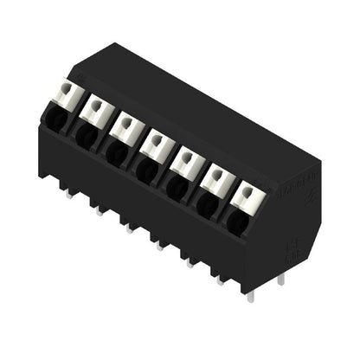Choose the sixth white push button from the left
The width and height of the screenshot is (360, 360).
click(217, 178)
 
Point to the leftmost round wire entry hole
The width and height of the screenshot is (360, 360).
click(54, 118)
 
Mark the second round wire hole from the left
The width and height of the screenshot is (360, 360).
click(84, 134)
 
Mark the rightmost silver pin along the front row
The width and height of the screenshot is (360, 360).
click(251, 296)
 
